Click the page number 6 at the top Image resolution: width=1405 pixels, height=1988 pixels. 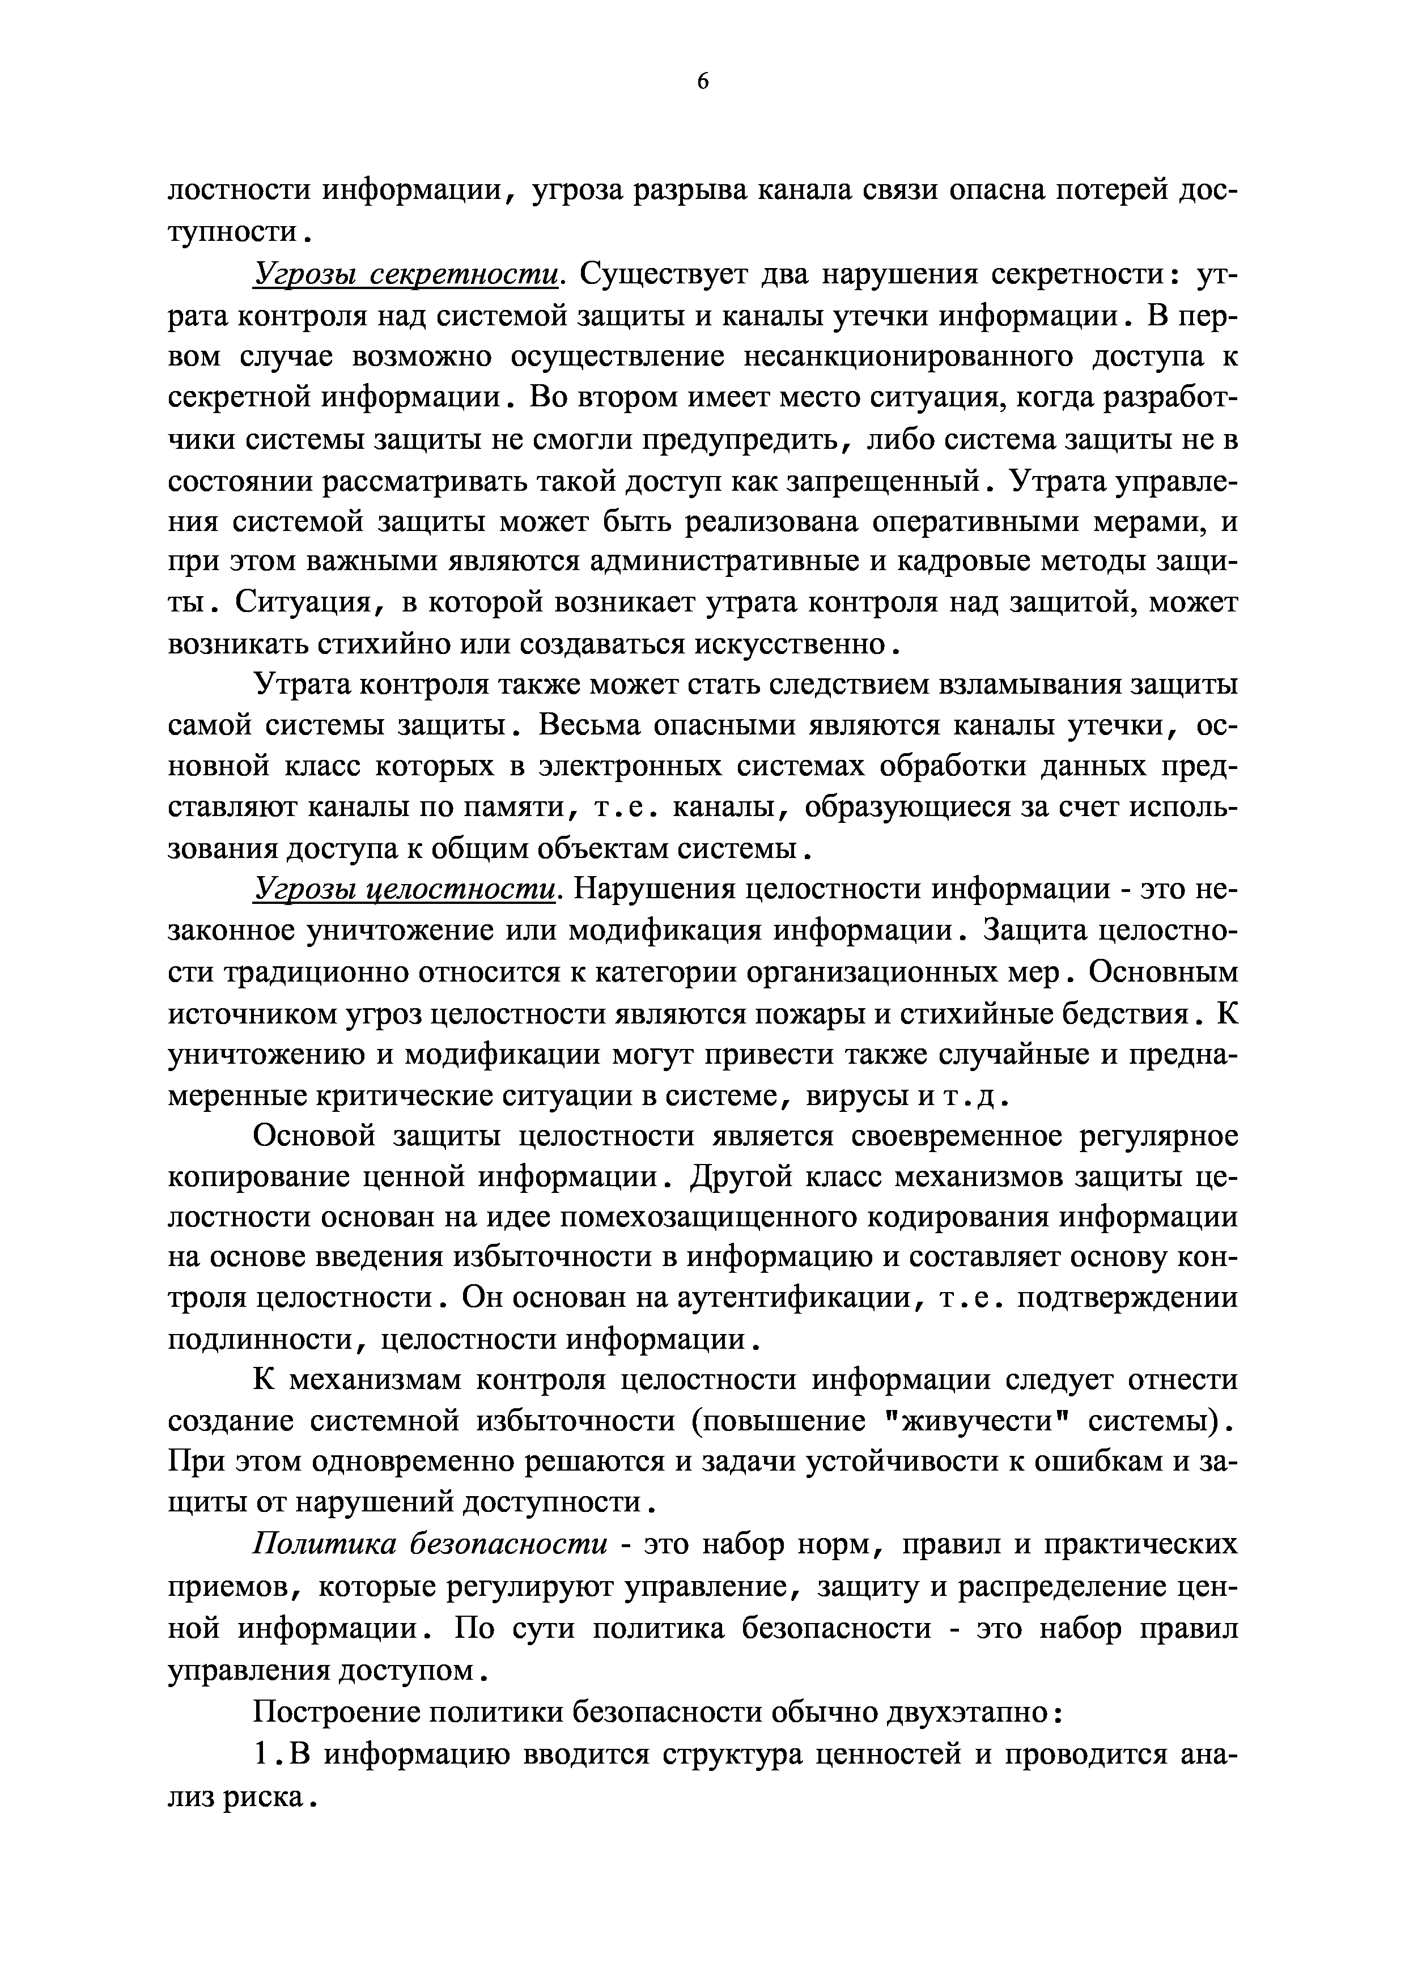pos(702,82)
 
